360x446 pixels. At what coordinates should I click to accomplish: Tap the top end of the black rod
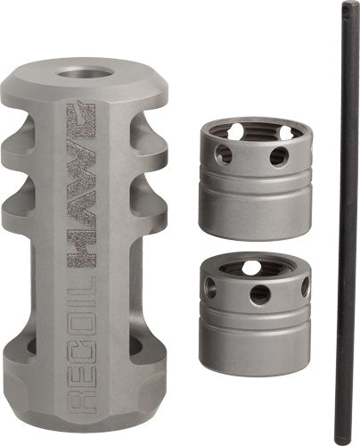(x=343, y=9)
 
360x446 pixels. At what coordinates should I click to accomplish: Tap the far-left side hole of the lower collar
(x=210, y=286)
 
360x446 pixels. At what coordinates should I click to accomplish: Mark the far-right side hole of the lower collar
(x=305, y=286)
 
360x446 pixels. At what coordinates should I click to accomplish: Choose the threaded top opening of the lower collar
(x=252, y=266)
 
